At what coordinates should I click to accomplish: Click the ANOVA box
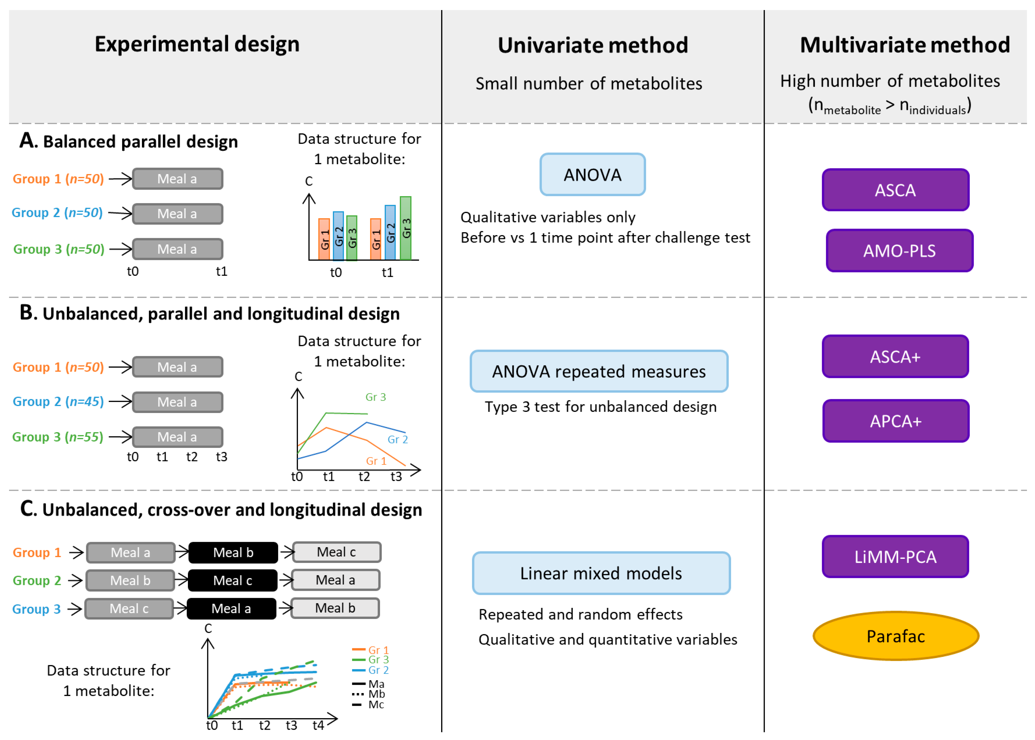pyautogui.click(x=592, y=175)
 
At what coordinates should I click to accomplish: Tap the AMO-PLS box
pyautogui.click(x=899, y=251)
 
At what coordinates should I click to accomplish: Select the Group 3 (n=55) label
pyautogui.click(x=58, y=437)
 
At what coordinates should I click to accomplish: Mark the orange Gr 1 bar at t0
pyautogui.click(x=324, y=239)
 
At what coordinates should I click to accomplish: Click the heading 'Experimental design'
pyautogui.click(x=197, y=44)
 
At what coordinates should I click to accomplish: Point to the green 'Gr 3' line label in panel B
pyautogui.click(x=376, y=397)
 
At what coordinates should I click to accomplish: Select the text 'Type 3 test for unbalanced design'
pyautogui.click(x=600, y=406)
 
